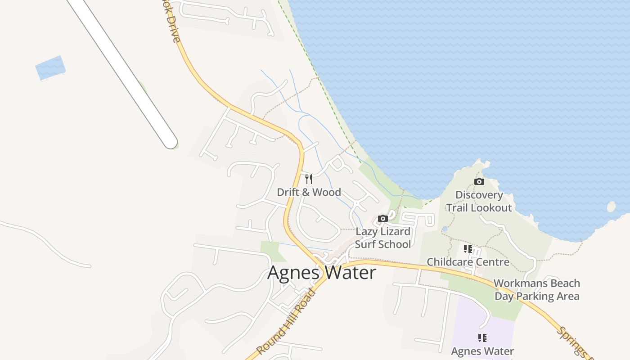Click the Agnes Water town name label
(322, 273)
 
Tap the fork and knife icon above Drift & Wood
(309, 179)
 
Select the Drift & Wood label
(309, 192)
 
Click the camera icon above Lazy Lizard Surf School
(383, 219)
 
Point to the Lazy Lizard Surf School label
(383, 238)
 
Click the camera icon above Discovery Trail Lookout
(479, 182)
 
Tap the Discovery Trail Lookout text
(479, 201)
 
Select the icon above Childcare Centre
(468, 249)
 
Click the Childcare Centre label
(468, 262)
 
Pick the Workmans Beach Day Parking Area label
(537, 290)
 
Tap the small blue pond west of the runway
(50, 68)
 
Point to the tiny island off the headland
(611, 207)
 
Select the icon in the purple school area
(482, 338)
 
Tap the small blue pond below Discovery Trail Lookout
(445, 229)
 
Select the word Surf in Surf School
(365, 244)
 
